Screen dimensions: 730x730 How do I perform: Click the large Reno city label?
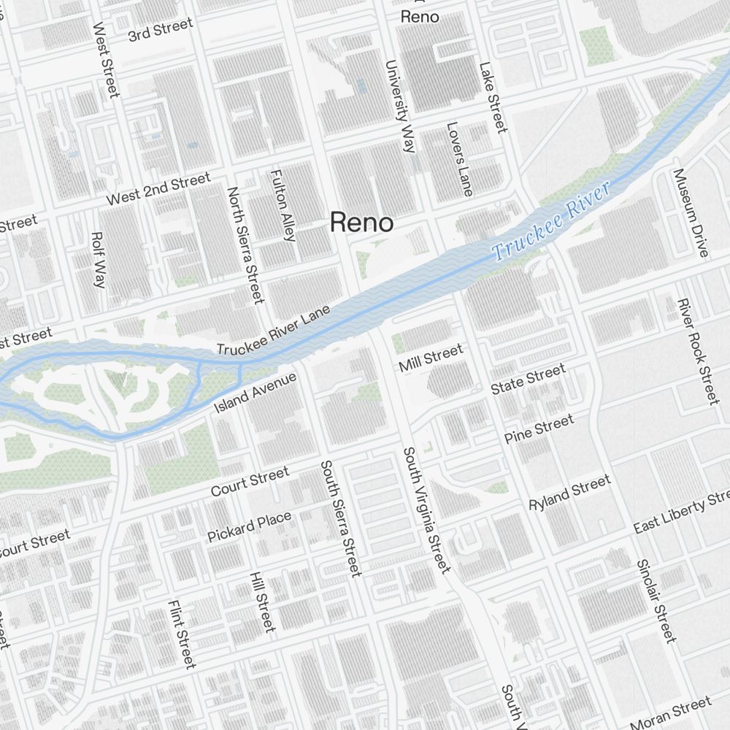(x=362, y=222)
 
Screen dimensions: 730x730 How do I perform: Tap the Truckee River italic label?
(x=551, y=223)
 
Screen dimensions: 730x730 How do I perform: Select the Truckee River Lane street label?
(x=274, y=331)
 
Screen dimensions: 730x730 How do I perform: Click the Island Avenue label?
(x=255, y=392)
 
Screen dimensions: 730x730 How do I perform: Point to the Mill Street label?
(x=431, y=357)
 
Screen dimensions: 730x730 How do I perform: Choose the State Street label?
(x=528, y=380)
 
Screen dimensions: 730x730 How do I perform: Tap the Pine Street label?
(x=539, y=429)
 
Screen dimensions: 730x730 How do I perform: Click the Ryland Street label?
(x=569, y=493)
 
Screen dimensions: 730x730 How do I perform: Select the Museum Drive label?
(x=691, y=213)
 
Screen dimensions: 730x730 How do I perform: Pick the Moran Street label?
(x=670, y=713)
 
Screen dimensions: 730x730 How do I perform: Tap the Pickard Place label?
(x=249, y=526)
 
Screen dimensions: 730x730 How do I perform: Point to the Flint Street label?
(x=182, y=634)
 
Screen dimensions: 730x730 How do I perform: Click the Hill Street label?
(x=262, y=602)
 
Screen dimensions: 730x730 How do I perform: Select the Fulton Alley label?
(x=283, y=205)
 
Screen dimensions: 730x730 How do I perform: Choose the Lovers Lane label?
(x=459, y=158)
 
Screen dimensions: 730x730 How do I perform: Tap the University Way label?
(x=400, y=106)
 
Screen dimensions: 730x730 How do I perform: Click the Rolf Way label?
(x=98, y=259)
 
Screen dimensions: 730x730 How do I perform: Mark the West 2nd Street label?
(x=158, y=188)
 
